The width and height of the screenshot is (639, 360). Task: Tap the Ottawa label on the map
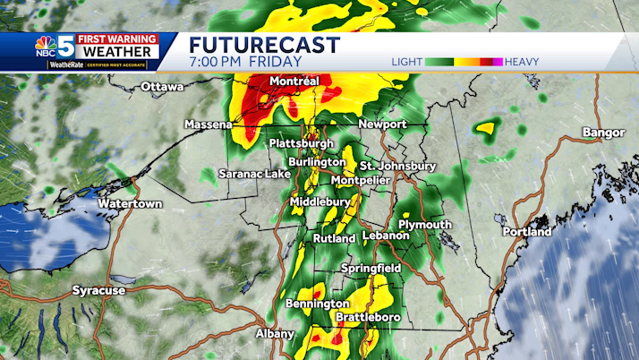pos(162,87)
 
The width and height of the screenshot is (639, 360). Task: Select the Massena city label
pos(209,124)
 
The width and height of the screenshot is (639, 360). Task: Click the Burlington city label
pos(317,162)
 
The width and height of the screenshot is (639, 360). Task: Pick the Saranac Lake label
pos(254,174)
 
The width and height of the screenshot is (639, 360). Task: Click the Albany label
pos(275,334)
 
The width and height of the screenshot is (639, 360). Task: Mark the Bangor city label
pos(603,133)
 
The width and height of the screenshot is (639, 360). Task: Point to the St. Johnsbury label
pos(397,167)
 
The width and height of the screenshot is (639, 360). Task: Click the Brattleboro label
pos(367,318)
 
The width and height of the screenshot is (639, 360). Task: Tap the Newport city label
pos(382,124)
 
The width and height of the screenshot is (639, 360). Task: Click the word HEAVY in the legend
pos(521,62)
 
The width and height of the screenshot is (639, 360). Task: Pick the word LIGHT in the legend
pos(407,62)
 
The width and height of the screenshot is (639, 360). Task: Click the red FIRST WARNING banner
pos(117,39)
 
